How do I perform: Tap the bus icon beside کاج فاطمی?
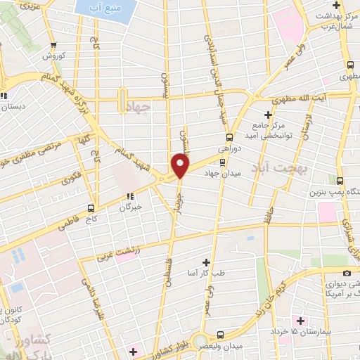[x=91, y=207]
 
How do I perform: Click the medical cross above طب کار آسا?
[x=206, y=260]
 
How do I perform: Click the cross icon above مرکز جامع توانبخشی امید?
[x=267, y=114]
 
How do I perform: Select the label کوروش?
[x=53, y=55]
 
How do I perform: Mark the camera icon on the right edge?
[x=346, y=272]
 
